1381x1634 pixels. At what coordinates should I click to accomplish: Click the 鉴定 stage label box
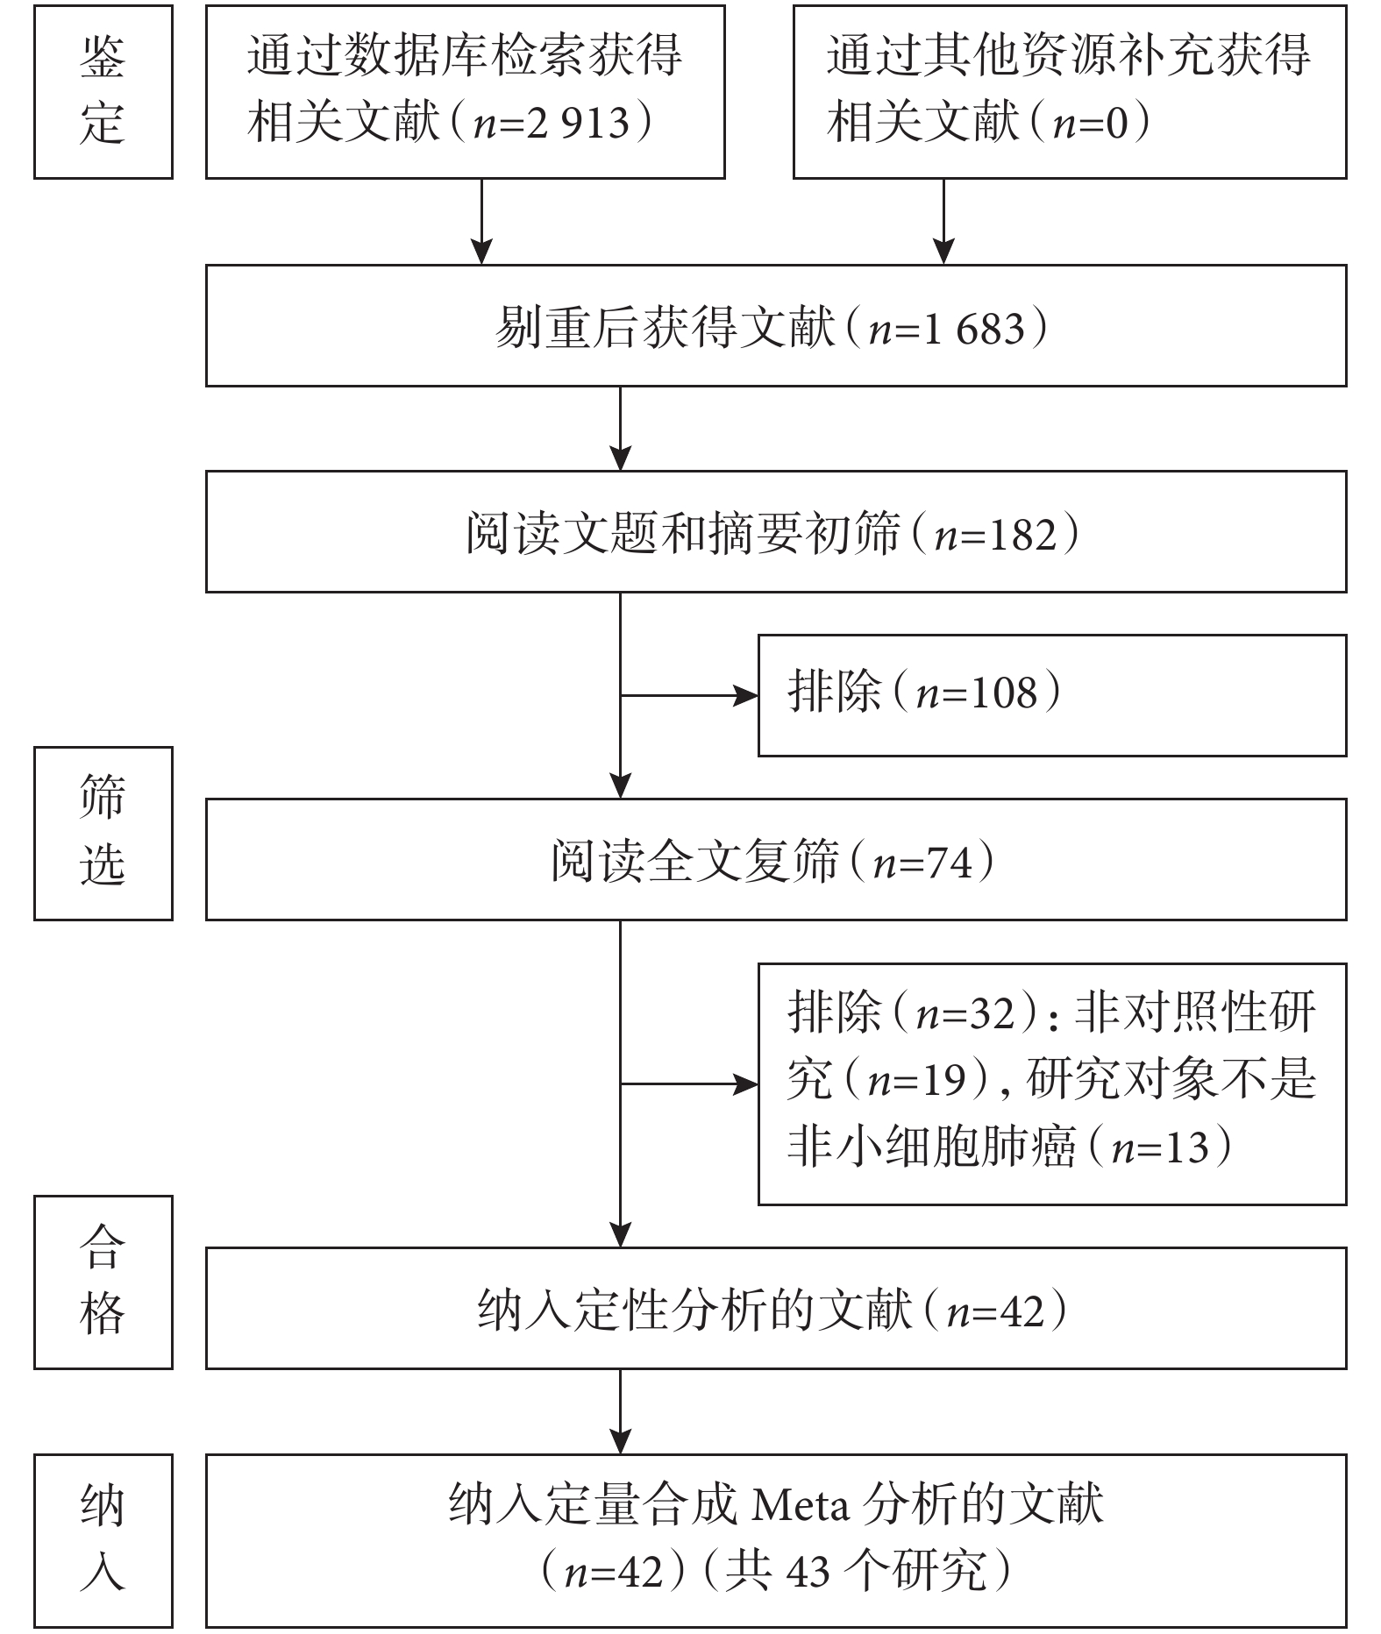click(103, 92)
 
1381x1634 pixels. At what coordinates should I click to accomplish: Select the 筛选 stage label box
click(103, 833)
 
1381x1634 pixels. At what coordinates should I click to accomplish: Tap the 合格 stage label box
click(103, 1282)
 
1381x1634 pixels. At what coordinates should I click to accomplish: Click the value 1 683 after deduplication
click(972, 329)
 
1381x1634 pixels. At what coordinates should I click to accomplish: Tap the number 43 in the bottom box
click(807, 1572)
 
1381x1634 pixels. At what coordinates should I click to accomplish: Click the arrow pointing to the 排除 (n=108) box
click(689, 696)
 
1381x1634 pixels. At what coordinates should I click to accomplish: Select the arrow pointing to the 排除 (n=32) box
click(689, 1084)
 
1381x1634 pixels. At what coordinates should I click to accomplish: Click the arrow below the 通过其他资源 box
click(943, 222)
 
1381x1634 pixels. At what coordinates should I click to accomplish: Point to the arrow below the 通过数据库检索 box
click(481, 222)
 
